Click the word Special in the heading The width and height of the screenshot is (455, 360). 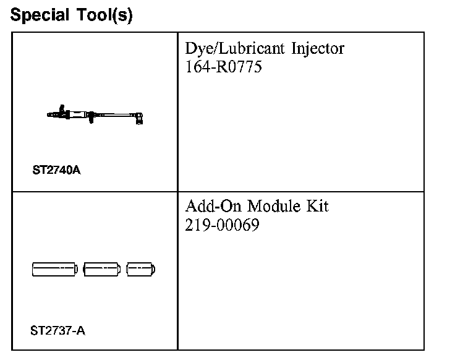[40, 15]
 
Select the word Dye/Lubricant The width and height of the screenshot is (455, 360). [235, 48]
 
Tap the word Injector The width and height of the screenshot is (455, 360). [318, 48]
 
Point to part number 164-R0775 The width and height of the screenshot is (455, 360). [223, 66]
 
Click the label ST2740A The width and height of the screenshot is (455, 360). [57, 170]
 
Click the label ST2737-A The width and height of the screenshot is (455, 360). [57, 331]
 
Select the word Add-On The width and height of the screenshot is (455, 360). [213, 206]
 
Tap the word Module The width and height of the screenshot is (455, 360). [274, 206]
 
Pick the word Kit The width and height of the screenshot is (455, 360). [318, 206]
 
